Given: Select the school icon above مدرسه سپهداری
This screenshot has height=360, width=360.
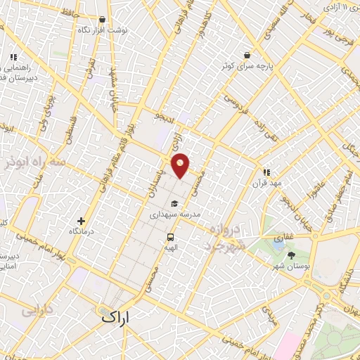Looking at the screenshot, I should (x=174, y=204).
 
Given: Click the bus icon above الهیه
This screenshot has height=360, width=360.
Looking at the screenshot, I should (x=170, y=237).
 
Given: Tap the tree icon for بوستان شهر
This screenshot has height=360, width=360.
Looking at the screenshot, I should (x=292, y=255).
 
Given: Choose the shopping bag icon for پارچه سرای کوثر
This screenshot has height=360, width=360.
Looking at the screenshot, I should (x=247, y=55).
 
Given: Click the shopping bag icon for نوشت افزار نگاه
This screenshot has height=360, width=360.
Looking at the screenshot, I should (x=103, y=20).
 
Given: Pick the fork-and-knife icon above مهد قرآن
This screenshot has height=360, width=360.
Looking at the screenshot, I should (x=266, y=172).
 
